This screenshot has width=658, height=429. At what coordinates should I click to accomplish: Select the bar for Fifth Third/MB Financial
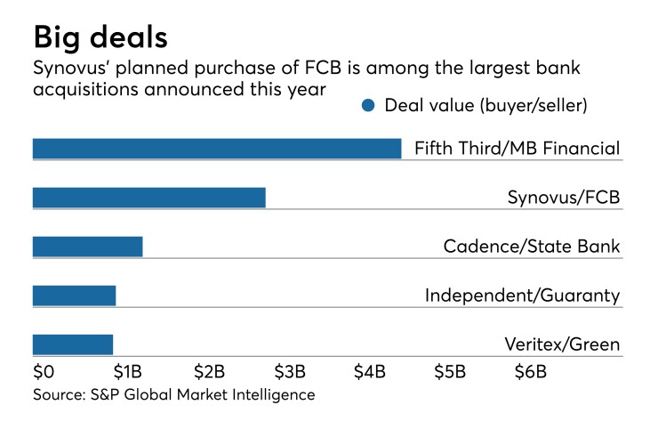click(217, 148)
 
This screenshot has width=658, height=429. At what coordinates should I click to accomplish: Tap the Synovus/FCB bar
click(148, 198)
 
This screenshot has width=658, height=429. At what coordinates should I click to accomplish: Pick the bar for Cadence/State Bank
click(87, 247)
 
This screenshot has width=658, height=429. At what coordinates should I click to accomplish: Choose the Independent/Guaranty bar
click(74, 295)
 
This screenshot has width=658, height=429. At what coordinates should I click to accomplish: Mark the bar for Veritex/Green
click(73, 344)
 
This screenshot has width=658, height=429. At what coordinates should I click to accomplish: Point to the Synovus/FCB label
click(558, 198)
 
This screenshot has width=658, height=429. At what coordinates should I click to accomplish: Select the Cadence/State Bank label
click(531, 247)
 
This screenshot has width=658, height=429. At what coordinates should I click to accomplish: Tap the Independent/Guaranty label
click(522, 295)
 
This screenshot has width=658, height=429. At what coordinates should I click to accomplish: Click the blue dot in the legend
click(368, 106)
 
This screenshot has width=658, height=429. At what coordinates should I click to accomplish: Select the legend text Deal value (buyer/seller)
click(486, 106)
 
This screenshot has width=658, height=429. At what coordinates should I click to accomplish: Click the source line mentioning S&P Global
click(173, 394)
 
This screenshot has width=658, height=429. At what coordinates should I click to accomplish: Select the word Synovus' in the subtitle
click(70, 69)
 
